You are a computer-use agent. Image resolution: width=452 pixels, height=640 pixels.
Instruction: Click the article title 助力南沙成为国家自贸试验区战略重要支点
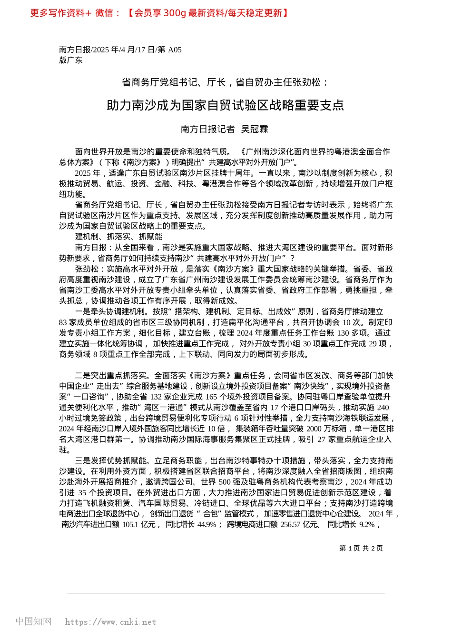tap(225, 105)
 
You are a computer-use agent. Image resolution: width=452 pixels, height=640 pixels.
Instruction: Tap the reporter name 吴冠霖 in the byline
tap(255, 129)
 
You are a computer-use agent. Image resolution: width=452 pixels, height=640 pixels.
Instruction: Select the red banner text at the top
tap(159, 13)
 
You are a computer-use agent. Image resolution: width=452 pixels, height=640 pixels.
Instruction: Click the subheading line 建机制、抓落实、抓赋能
tap(118, 237)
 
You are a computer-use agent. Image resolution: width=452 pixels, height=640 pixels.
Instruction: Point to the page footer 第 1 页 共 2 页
tap(361, 548)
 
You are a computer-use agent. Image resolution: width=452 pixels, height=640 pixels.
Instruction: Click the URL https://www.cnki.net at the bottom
tap(110, 622)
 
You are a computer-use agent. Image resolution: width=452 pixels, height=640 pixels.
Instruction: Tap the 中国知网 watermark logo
tap(33, 621)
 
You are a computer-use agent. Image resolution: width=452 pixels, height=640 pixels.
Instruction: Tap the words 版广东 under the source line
tap(70, 60)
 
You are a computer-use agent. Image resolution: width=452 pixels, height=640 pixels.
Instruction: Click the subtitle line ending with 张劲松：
tap(225, 82)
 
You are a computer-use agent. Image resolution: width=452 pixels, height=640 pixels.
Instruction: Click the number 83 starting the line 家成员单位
tap(63, 322)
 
